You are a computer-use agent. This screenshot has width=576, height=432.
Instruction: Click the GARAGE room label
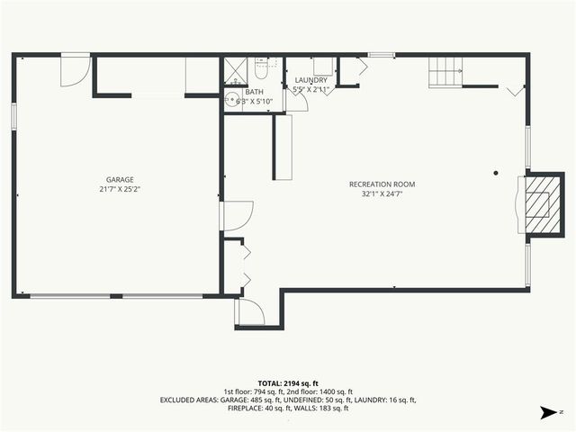[x=120, y=180]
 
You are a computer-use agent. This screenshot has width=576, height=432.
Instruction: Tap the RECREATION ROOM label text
[x=382, y=184]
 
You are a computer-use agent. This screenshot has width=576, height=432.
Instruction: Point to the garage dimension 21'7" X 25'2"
[x=120, y=190]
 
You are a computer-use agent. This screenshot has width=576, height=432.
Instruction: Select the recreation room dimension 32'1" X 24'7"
[x=382, y=194]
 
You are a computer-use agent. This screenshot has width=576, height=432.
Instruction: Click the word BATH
[x=255, y=92]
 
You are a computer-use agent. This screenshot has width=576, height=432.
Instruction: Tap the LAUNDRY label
[x=311, y=81]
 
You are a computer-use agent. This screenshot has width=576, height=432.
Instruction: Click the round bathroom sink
[x=231, y=100]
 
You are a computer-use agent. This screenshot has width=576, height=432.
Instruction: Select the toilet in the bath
[x=262, y=66]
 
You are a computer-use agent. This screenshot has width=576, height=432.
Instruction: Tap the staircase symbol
[x=444, y=70]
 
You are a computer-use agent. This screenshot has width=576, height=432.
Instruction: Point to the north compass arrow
[x=545, y=412]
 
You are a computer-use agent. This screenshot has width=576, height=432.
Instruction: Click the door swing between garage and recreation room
[x=236, y=216]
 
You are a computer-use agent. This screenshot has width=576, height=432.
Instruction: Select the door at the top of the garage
[x=75, y=70]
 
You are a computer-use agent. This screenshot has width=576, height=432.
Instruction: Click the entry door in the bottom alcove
[x=249, y=311]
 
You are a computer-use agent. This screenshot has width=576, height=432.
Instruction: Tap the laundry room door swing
[x=298, y=100]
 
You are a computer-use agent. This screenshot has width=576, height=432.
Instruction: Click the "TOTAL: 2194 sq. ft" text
[x=288, y=383]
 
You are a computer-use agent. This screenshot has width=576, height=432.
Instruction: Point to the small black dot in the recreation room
[x=495, y=173]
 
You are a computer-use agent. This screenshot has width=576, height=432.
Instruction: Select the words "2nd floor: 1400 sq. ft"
[x=334, y=391]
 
